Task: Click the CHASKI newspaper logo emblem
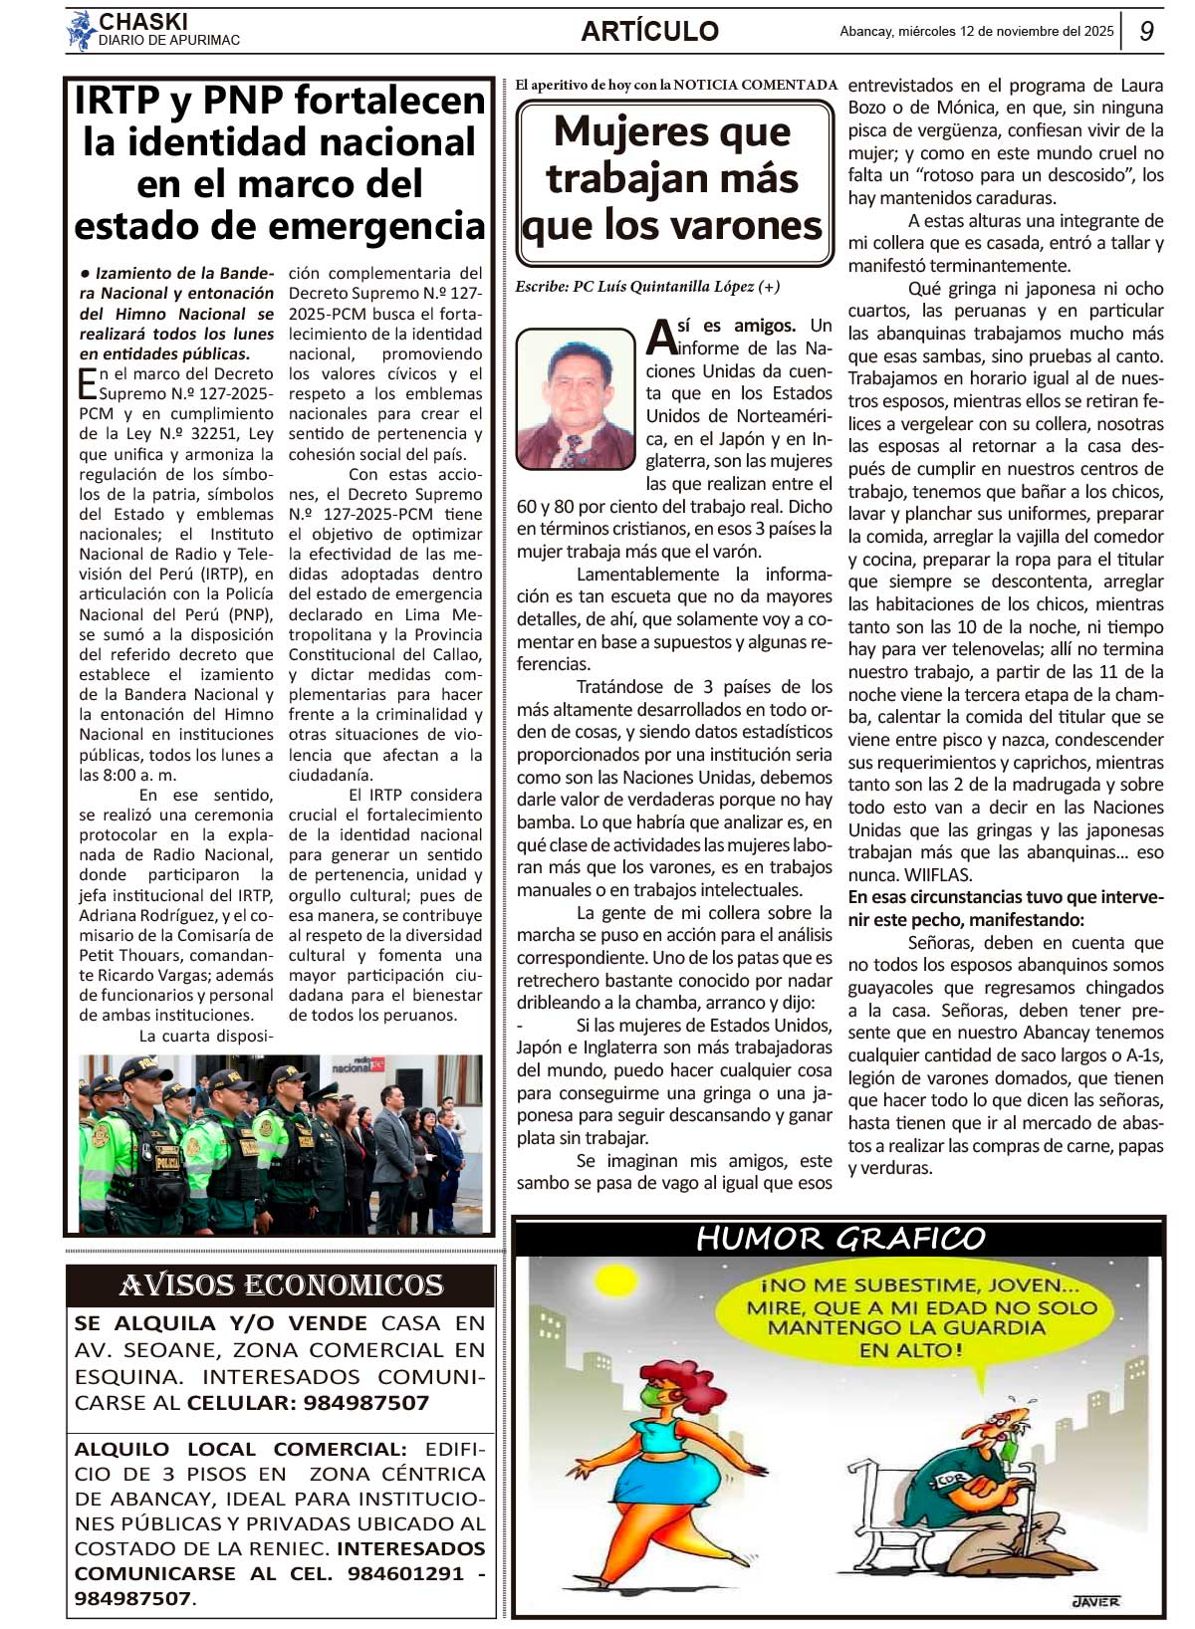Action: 80,31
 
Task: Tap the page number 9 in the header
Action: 1146,31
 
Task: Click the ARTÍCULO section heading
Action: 649,32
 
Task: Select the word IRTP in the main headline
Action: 117,101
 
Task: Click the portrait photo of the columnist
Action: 576,398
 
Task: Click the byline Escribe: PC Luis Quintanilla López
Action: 647,287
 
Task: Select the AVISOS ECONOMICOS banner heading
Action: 281,1285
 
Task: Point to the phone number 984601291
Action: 405,1573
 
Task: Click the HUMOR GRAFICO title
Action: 839,1239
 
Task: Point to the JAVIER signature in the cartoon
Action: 1095,1601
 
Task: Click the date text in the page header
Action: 976,32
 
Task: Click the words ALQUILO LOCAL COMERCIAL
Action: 240,1449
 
